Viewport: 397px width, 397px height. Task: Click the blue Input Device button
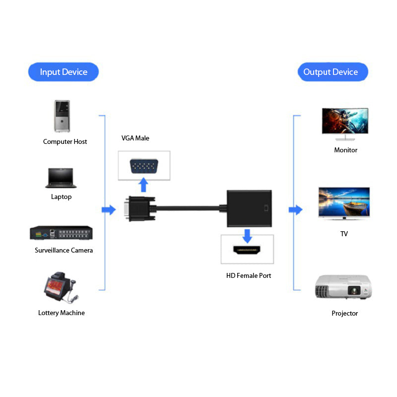(x=64, y=72)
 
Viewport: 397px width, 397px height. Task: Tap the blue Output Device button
(x=332, y=72)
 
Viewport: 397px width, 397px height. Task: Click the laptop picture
(x=62, y=178)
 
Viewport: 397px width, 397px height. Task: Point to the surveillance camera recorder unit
(x=62, y=233)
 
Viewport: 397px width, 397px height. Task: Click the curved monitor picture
(x=345, y=122)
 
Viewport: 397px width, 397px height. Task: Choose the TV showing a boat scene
(x=344, y=202)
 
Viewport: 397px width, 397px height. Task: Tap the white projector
(x=343, y=286)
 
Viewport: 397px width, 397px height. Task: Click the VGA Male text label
(x=135, y=138)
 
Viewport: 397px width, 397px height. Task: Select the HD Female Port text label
(x=249, y=275)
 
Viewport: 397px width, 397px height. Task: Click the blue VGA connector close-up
(x=144, y=166)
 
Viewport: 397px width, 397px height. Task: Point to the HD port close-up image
(x=247, y=249)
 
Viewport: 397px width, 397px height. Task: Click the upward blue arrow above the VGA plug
(x=144, y=185)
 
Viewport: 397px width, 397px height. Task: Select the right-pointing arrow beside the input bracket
(x=108, y=210)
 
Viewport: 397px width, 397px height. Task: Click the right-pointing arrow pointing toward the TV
(x=296, y=210)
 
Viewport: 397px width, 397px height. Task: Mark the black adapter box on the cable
(x=249, y=208)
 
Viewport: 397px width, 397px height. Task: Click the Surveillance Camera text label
(x=64, y=250)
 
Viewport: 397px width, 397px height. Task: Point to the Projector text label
(x=344, y=313)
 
